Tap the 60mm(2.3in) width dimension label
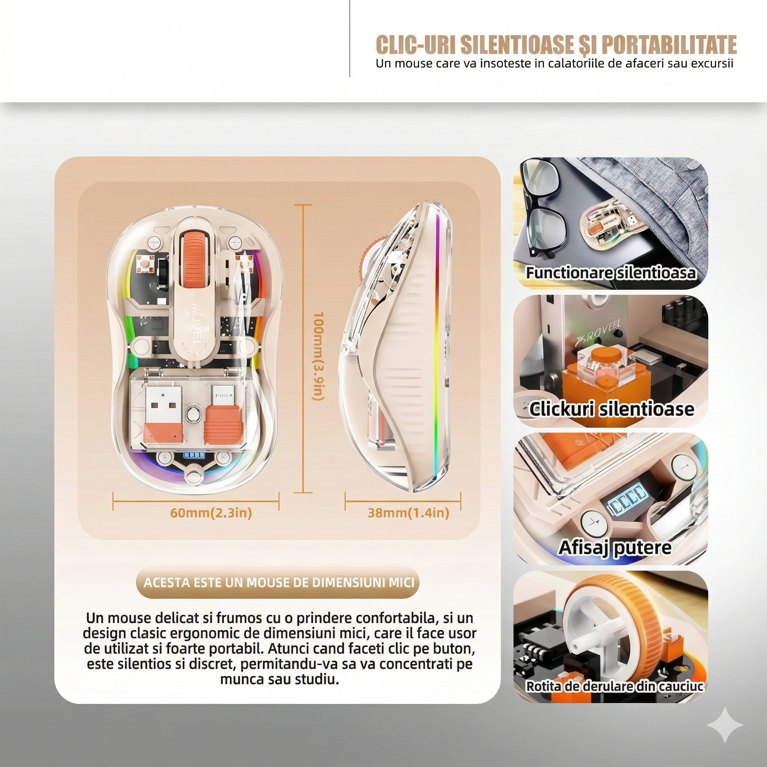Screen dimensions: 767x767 pos(211,513)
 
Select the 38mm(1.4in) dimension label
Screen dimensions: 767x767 pos(409,513)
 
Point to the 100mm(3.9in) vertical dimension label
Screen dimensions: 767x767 pos(320,356)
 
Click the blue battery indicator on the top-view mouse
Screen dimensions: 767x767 pos(193,455)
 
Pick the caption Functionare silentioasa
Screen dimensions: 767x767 pos(611,273)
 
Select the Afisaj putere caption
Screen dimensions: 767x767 pos(615,547)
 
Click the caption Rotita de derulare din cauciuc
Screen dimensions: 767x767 pos(615,686)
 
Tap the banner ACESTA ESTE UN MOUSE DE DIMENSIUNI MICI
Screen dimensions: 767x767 pos(279,583)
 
